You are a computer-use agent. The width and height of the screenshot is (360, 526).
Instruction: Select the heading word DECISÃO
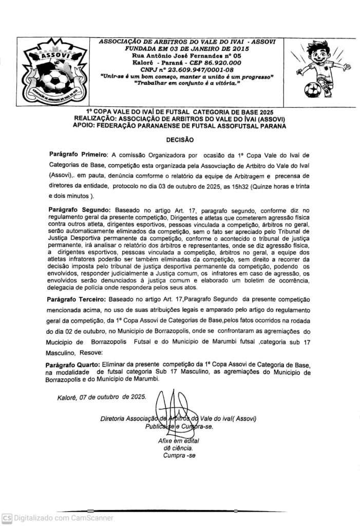point(180,139)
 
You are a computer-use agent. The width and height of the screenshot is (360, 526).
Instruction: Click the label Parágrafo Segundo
point(79,211)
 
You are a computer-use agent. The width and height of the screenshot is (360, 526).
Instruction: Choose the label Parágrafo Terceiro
point(78,299)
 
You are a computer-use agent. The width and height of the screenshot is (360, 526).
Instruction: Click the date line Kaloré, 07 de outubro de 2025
point(102,397)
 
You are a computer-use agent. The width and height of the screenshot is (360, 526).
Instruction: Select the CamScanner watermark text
point(63,518)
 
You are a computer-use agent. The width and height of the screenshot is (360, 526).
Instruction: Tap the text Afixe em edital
point(178,441)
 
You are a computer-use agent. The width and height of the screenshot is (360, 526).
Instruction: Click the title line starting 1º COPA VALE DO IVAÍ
point(179,111)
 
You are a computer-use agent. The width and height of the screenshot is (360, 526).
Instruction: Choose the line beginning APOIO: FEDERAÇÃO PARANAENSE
point(179,125)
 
